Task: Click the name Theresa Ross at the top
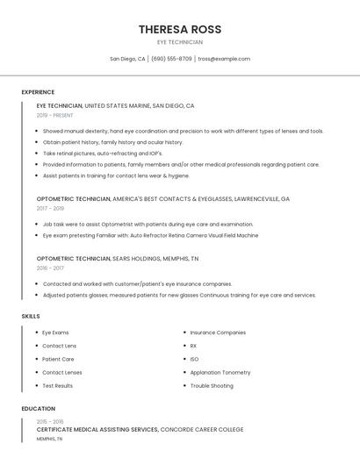pos(179,29)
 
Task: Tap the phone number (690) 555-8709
pos(171,59)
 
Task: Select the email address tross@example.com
pos(224,59)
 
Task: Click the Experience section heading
pos(38,92)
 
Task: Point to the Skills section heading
pos(31,316)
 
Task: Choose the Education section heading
pos(39,409)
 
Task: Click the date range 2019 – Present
pos(54,115)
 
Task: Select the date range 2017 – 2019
pos(50,209)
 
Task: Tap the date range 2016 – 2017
pos(50,268)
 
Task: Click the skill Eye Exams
pos(55,333)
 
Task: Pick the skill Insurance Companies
pos(218,333)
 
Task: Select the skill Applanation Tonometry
pos(220,372)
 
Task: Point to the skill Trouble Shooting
pos(212,386)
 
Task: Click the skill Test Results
pos(57,386)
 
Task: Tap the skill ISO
pos(194,359)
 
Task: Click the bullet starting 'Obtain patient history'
pos(112,142)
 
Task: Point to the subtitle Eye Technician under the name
pos(179,42)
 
